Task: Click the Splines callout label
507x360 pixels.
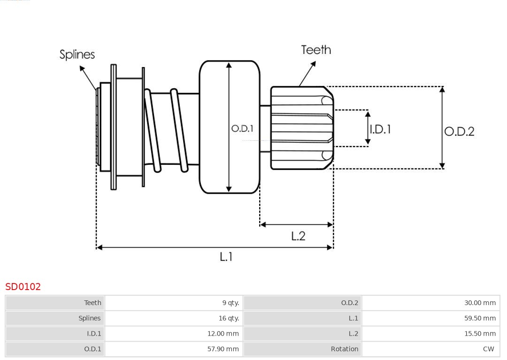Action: click(x=77, y=54)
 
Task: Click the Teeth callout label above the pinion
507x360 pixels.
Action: click(x=316, y=50)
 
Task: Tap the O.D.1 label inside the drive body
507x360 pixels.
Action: click(x=242, y=128)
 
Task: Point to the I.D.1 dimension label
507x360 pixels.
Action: click(x=380, y=129)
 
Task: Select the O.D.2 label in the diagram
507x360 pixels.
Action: click(x=459, y=131)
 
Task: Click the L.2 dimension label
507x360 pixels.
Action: click(x=298, y=236)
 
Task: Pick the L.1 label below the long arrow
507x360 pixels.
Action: click(x=226, y=257)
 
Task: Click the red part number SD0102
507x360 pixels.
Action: click(x=23, y=287)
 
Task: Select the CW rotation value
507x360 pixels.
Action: click(x=488, y=349)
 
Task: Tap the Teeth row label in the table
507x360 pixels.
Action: click(x=92, y=303)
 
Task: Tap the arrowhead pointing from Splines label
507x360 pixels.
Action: click(x=82, y=69)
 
